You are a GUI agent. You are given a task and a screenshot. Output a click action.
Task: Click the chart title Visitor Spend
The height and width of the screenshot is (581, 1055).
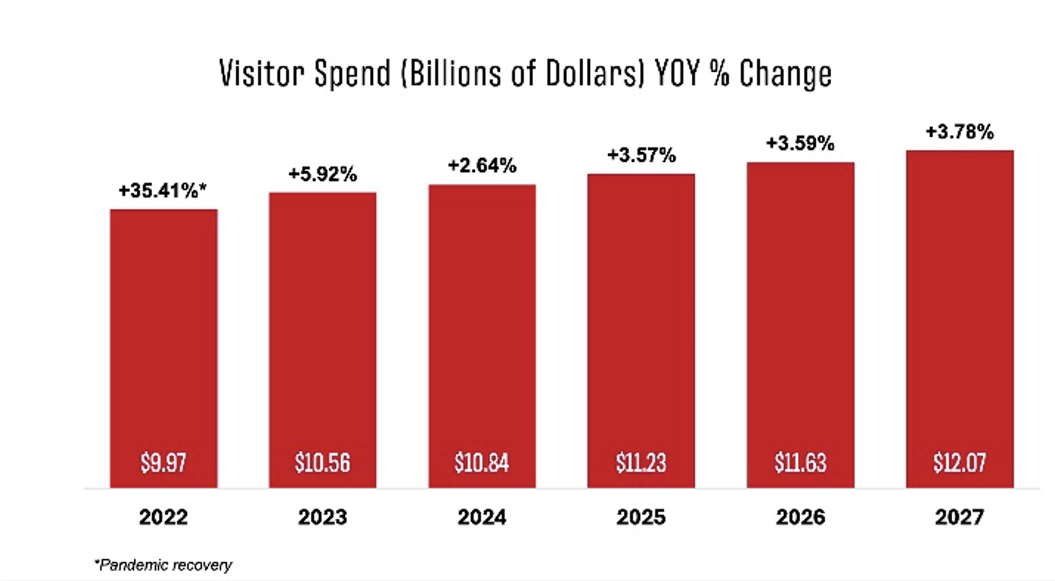point(524,75)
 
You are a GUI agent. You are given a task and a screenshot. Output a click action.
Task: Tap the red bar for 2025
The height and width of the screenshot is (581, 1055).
point(641,319)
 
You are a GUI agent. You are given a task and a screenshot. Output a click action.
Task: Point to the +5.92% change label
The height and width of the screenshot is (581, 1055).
point(322,175)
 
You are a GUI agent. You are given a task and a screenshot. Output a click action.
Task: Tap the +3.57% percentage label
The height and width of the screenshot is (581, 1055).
point(641,156)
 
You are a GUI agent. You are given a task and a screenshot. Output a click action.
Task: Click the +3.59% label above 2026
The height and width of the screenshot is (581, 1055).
point(800,144)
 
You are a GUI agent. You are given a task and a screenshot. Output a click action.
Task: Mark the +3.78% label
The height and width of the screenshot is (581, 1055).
point(959,132)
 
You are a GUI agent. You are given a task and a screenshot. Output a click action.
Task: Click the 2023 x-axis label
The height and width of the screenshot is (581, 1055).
point(322,518)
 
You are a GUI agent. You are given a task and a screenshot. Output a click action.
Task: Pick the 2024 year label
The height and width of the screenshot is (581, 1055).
point(482,518)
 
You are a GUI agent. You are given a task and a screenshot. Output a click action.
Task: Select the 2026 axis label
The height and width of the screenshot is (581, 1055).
point(800,518)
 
